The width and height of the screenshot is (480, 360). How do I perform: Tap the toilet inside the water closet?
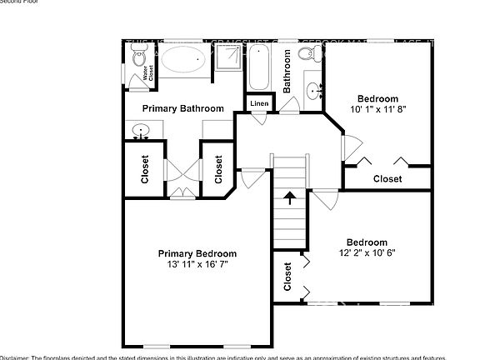pyautogui.click(x=138, y=57)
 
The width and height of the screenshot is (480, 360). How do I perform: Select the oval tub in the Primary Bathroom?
pyautogui.click(x=182, y=60)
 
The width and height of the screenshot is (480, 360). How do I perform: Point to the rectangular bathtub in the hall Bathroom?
pyautogui.click(x=257, y=69)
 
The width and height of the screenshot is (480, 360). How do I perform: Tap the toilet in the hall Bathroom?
pyautogui.click(x=307, y=56)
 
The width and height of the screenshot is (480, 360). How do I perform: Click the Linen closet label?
pyautogui.click(x=259, y=103)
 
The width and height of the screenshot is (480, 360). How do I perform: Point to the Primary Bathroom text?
pyautogui.click(x=182, y=109)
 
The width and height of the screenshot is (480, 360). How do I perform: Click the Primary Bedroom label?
pyautogui.click(x=197, y=253)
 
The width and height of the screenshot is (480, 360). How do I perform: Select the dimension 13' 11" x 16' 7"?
pyautogui.click(x=197, y=264)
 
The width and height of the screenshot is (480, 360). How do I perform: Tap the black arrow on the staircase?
pyautogui.click(x=290, y=198)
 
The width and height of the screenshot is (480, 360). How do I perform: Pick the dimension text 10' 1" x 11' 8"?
pyautogui.click(x=377, y=109)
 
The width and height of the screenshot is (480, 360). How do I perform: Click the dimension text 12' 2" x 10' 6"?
pyautogui.click(x=367, y=253)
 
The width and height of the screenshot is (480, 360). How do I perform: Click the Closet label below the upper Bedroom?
pyautogui.click(x=387, y=179)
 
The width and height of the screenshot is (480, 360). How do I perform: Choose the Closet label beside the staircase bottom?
pyautogui.click(x=288, y=277)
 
